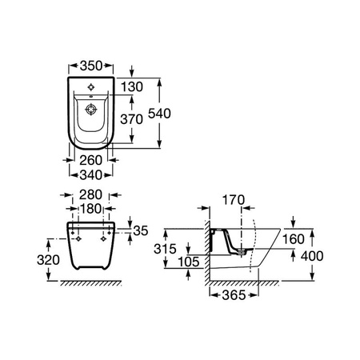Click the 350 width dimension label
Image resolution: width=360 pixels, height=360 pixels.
[x=91, y=66]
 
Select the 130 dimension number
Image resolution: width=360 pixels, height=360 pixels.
[x=132, y=87]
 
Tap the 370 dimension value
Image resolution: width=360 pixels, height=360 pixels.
[x=131, y=119]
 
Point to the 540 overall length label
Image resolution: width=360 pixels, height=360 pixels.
[x=159, y=114]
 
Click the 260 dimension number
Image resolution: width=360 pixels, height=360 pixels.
[x=91, y=160]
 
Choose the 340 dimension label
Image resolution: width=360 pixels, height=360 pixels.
[x=91, y=175]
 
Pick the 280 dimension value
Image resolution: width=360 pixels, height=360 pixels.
[x=90, y=194]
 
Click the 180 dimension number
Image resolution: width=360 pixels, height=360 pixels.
[x=90, y=209]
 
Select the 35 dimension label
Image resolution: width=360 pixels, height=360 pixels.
[x=141, y=230]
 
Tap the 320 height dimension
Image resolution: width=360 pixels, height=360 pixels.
[x=48, y=260]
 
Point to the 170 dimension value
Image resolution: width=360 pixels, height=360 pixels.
[x=234, y=200]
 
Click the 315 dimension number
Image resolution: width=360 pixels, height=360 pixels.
[x=165, y=249]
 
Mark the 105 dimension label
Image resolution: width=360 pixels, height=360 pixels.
[x=189, y=262]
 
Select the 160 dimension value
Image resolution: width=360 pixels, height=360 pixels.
[x=294, y=239]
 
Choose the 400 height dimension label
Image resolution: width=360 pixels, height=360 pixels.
[x=312, y=256]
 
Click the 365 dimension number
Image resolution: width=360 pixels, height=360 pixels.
[x=234, y=295]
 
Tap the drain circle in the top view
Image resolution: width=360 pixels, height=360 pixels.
[x=90, y=110]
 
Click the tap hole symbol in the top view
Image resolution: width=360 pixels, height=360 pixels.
[x=91, y=87]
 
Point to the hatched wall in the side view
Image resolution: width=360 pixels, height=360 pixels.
[x=207, y=253]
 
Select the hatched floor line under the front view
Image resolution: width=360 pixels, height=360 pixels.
[x=91, y=283]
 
